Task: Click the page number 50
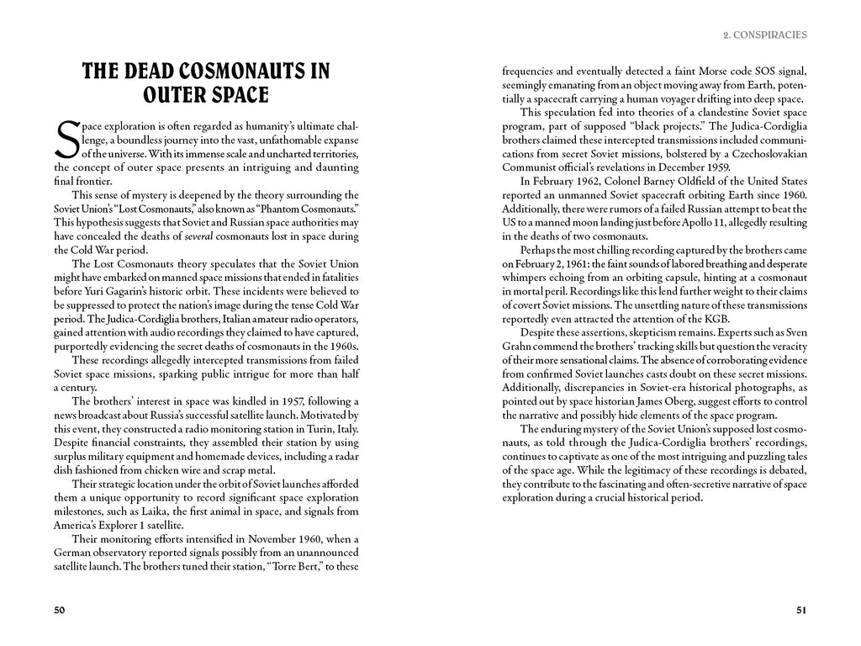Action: pyautogui.click(x=60, y=610)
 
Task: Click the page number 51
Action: pyautogui.click(x=801, y=610)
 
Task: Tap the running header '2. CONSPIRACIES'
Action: pyautogui.click(x=764, y=35)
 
